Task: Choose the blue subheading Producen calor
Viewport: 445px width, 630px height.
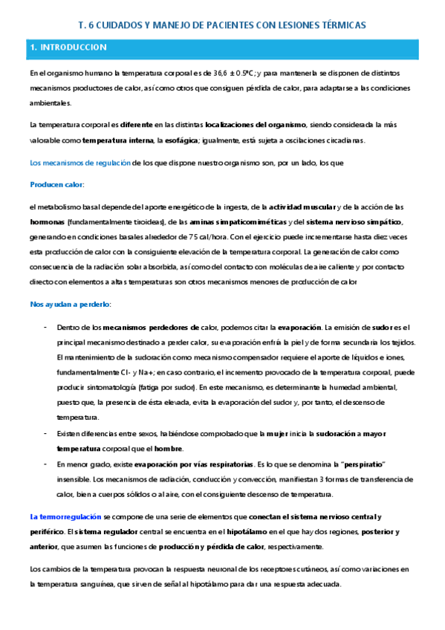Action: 56,184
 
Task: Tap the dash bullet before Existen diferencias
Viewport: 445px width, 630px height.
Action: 46,433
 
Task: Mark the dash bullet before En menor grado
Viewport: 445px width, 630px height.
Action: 46,464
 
